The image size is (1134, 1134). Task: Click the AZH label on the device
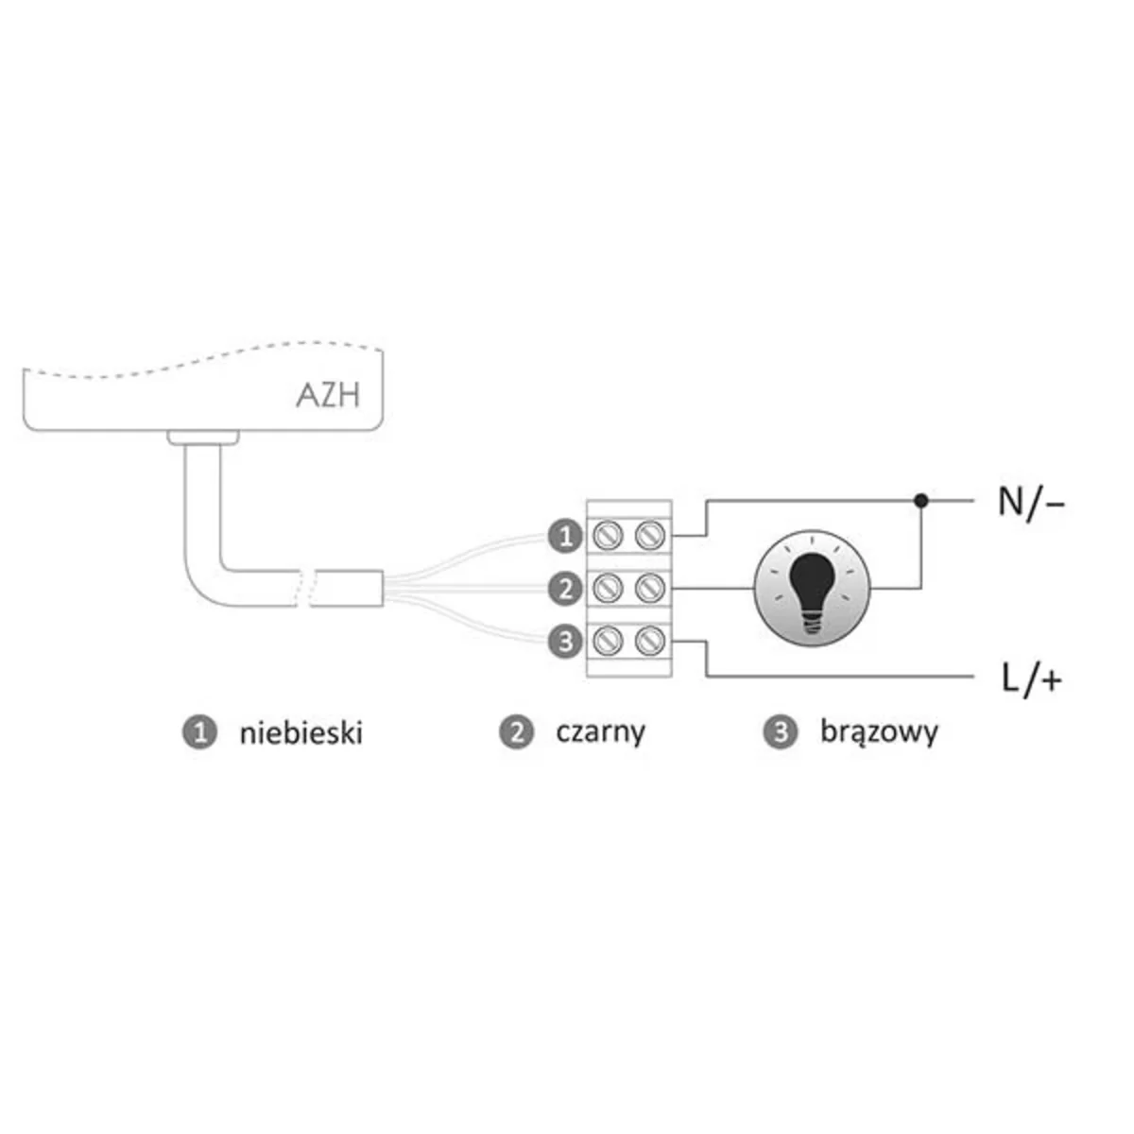coord(328,394)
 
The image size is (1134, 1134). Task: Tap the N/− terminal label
coord(1031,503)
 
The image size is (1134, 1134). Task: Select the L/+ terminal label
coord(1030,679)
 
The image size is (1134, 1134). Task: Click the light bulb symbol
coord(809,589)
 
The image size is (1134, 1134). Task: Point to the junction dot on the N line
coord(922,499)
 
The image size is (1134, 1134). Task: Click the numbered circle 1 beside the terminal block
coord(564,537)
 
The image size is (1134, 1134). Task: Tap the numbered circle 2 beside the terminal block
coord(564,590)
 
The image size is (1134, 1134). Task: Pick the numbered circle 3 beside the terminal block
coord(564,643)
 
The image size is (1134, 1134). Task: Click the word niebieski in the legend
coord(301,732)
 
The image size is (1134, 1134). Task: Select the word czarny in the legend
coord(601,732)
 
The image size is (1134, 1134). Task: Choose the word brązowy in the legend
coord(879,732)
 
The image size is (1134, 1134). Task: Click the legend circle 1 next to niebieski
coord(198,732)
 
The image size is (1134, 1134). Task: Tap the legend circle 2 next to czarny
coord(516,732)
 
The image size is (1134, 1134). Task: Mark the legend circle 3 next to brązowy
coord(780,732)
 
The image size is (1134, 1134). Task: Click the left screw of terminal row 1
coord(605,537)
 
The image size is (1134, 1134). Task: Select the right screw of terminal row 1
coord(648,537)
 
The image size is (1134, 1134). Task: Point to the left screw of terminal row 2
coord(605,590)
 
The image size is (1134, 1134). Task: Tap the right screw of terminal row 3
coord(648,643)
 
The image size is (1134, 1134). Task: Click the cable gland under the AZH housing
coord(201,437)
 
